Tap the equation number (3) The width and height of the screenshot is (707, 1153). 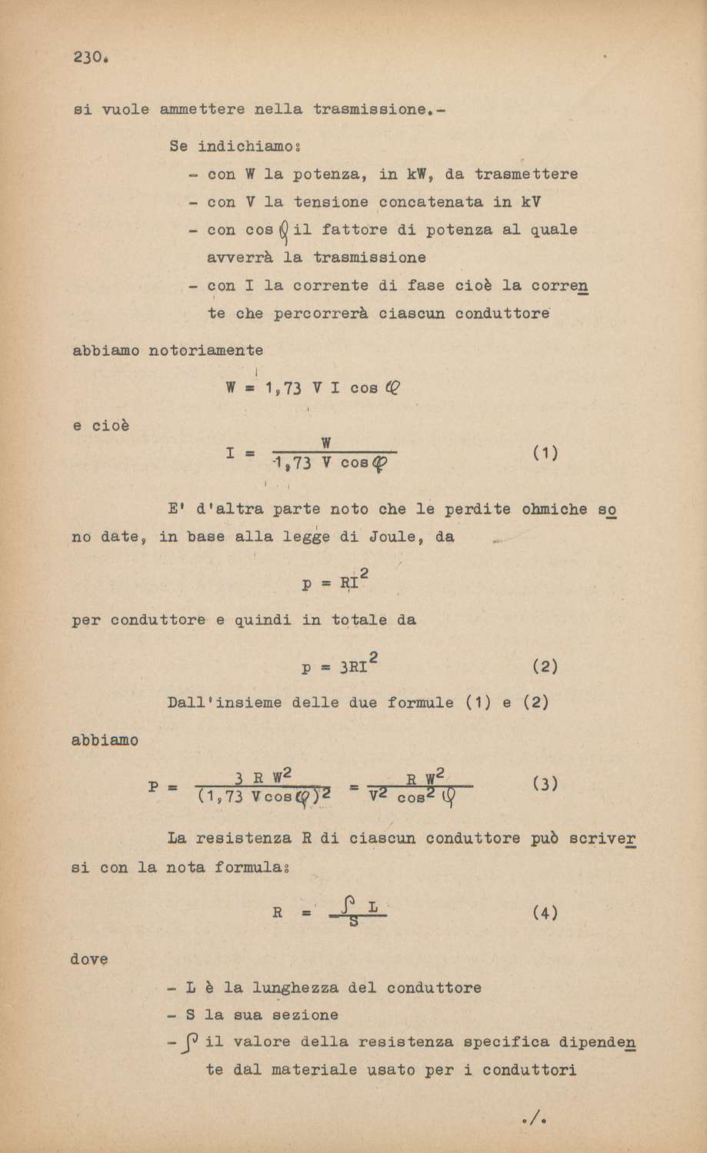tap(544, 785)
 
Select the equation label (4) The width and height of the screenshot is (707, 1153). tap(544, 914)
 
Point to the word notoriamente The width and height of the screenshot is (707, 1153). tap(205, 351)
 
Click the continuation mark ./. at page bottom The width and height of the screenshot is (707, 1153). tap(533, 1116)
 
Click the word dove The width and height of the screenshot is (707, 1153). tap(89, 959)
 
